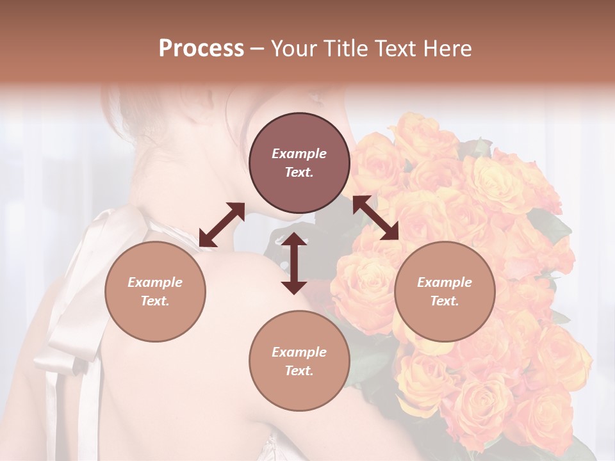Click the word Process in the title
(201, 49)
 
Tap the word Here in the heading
(447, 49)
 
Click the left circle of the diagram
(155, 291)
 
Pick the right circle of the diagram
(445, 291)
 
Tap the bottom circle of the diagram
(299, 360)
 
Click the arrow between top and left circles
(222, 225)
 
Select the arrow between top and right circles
(376, 218)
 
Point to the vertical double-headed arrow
(294, 263)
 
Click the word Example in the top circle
(299, 154)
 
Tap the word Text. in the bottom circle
(299, 371)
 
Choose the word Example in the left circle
(155, 282)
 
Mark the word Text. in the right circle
(445, 301)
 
